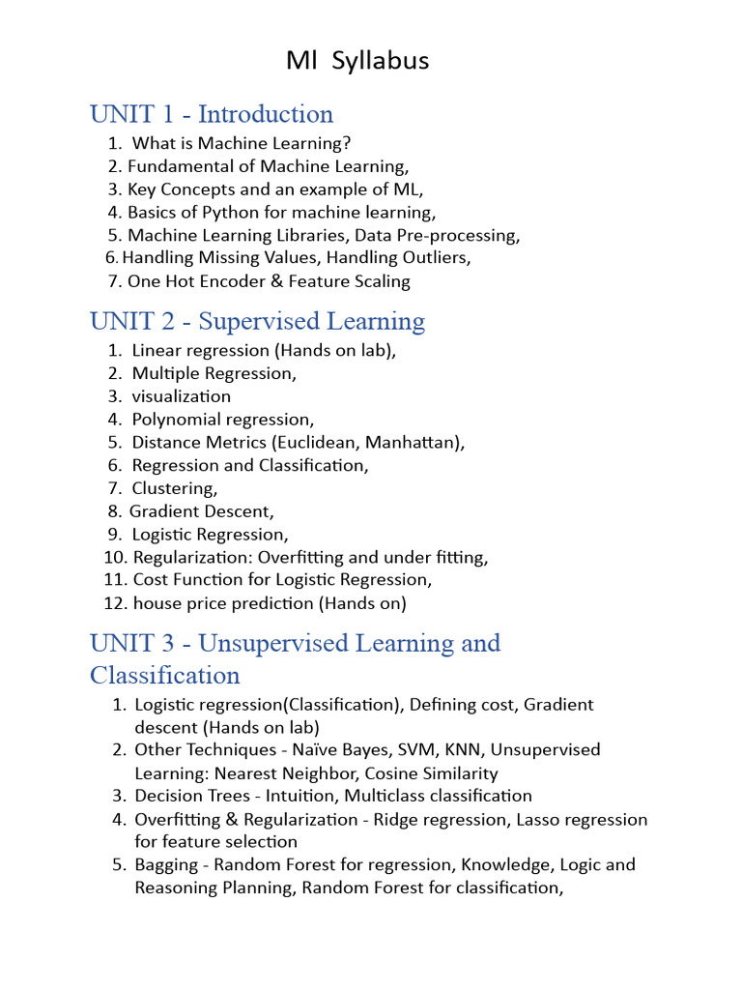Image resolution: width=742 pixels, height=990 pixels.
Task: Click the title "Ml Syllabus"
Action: (357, 61)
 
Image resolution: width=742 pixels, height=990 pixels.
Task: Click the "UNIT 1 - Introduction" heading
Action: (212, 114)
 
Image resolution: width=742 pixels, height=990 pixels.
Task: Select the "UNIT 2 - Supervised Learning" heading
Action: (257, 321)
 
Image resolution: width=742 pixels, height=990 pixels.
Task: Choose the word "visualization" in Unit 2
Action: (182, 396)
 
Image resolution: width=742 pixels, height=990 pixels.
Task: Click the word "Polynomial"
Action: (176, 420)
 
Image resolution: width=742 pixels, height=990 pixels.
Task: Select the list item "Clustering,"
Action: (175, 488)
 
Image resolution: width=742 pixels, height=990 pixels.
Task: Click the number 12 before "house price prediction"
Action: (114, 603)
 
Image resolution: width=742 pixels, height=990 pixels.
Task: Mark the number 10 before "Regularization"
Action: (114, 558)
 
